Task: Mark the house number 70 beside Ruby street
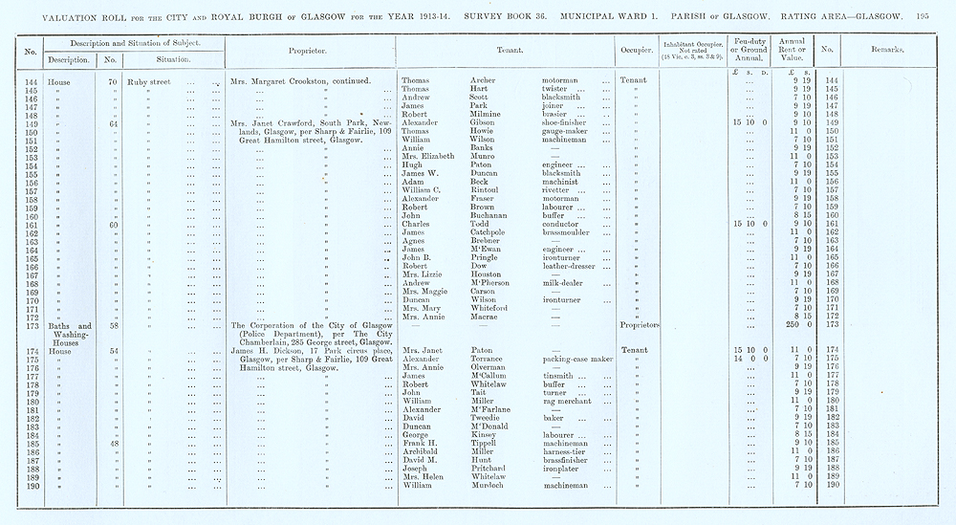(113, 81)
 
